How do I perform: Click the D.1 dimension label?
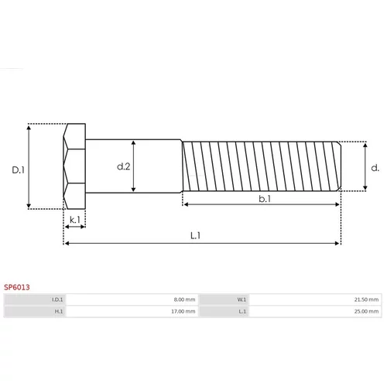pos(19,170)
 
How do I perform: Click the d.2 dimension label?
pos(124,166)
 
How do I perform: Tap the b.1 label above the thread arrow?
pos(265,199)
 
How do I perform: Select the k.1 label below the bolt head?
pos(75,220)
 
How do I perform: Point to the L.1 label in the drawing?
pos(196,235)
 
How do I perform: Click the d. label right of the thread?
pos(375,168)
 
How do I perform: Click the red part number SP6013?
pos(17,287)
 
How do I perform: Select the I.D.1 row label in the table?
pos(57,300)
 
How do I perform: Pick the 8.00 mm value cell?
pos(184,300)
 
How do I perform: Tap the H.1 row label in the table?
pos(59,311)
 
